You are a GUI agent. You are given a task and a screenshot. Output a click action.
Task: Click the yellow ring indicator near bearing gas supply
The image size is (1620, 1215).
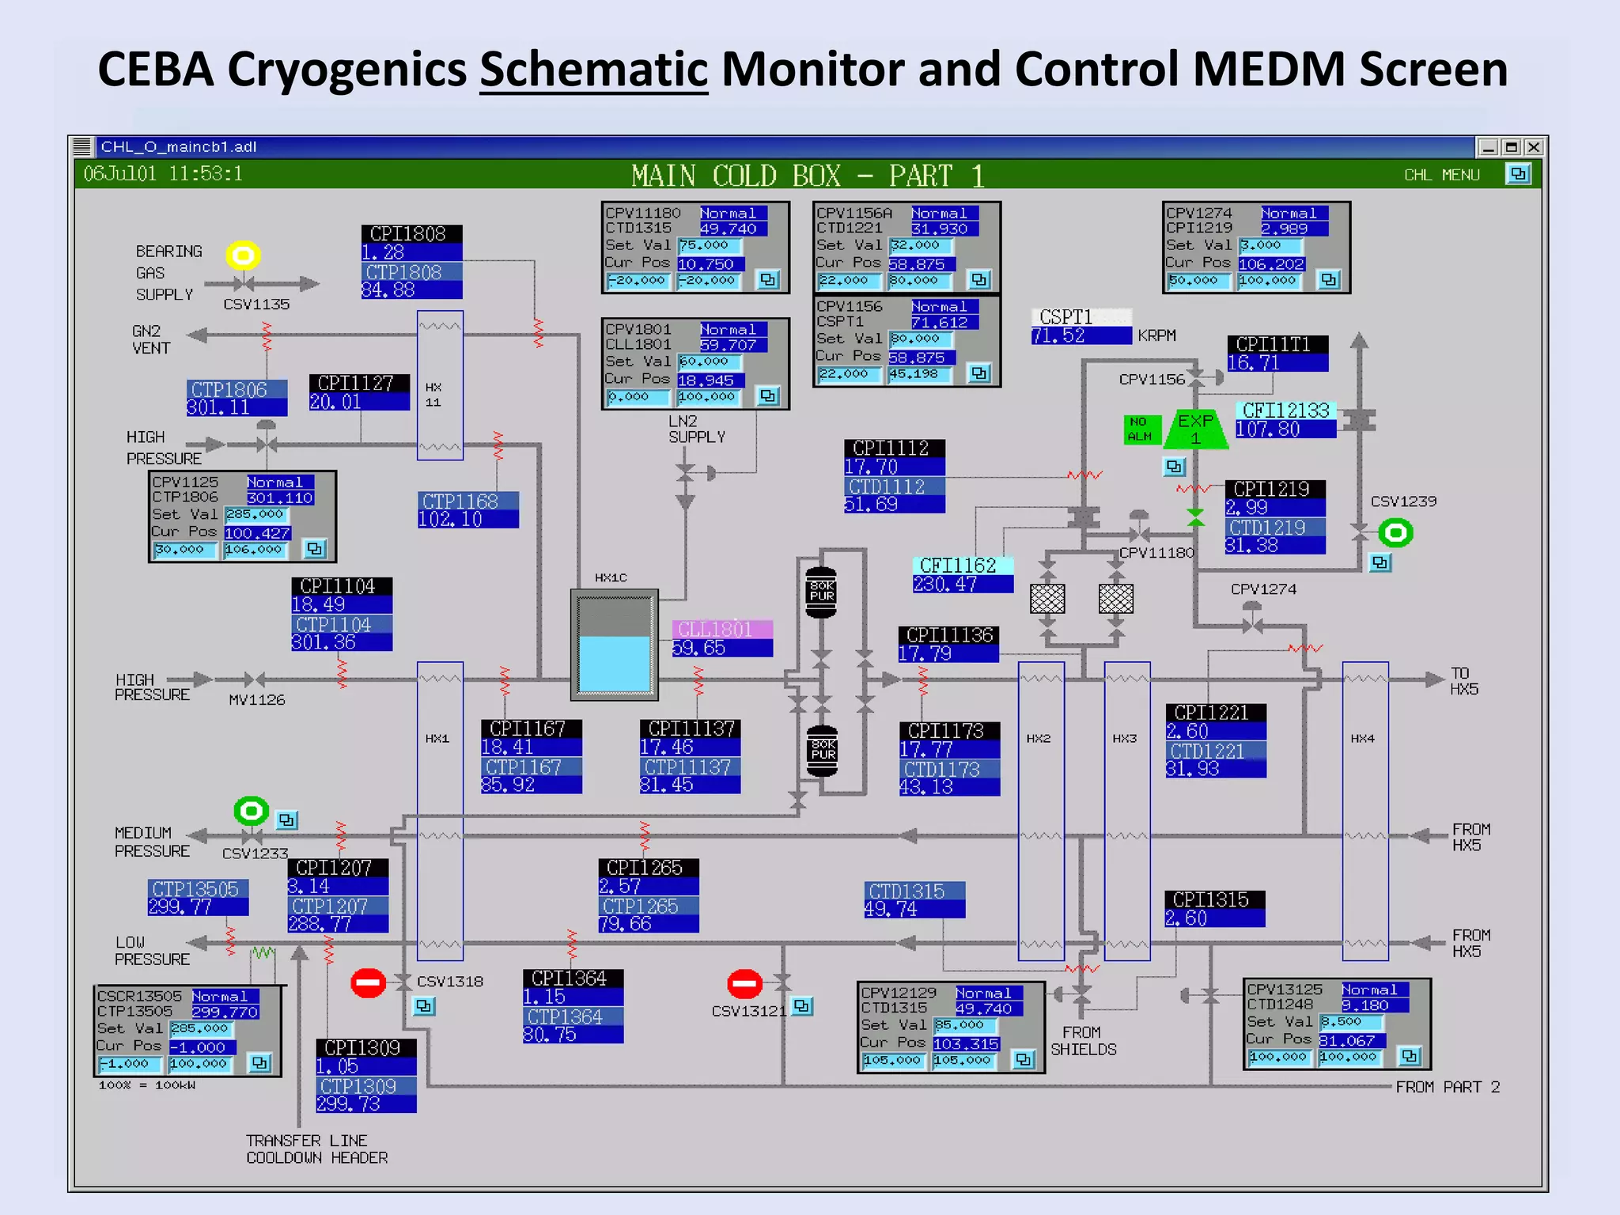click(244, 255)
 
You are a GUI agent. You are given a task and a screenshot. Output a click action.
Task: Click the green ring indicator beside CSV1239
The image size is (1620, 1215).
click(1395, 533)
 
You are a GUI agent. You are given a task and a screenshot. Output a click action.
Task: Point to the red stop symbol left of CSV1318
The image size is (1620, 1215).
click(368, 983)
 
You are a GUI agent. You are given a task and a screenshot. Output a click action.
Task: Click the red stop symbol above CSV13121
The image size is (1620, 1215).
click(744, 984)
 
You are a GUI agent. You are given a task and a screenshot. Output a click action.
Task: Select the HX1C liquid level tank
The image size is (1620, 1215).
click(615, 645)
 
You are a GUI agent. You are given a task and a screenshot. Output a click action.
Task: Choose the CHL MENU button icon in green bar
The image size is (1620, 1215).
click(1518, 174)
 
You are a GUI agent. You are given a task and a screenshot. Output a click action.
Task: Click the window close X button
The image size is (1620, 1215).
click(1533, 147)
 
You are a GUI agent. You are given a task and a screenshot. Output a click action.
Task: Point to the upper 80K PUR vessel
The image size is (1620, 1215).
click(821, 592)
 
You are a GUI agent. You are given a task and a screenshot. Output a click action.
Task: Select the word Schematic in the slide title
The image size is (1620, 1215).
click(593, 69)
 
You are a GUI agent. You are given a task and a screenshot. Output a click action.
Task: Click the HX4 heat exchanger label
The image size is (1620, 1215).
click(1362, 738)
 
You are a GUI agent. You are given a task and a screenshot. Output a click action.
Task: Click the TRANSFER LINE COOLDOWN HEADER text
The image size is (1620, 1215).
click(316, 1149)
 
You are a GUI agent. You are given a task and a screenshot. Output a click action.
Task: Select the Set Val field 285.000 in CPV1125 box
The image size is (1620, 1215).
click(255, 514)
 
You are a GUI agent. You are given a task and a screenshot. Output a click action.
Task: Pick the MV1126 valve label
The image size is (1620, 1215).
click(256, 700)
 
